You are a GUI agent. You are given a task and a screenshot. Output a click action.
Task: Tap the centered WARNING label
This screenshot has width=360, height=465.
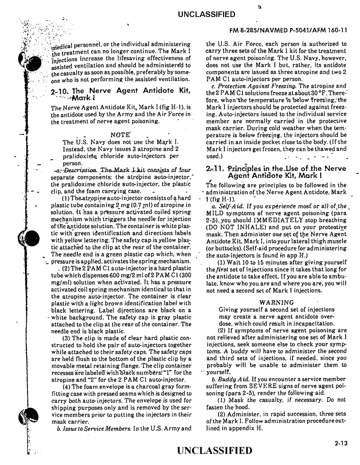coord(277,303)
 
